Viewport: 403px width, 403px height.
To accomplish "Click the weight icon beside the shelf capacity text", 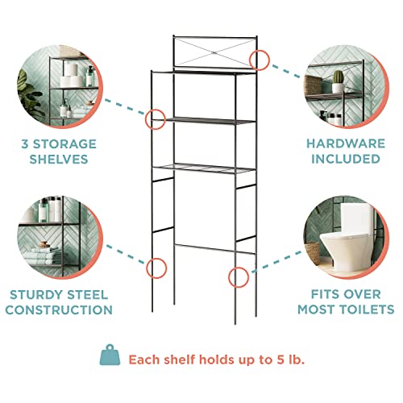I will [109, 357].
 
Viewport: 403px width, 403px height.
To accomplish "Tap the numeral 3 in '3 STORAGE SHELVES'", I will [27, 143].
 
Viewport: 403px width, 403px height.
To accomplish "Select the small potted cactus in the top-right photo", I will [338, 77].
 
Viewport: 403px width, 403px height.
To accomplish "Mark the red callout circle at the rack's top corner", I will [260, 59].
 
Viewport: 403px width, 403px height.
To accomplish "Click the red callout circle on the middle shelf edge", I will [154, 119].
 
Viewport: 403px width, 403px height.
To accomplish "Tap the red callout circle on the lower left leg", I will [157, 267].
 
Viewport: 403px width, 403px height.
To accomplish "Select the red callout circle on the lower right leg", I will [238, 277].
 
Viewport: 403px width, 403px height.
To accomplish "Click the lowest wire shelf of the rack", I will [206, 168].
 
